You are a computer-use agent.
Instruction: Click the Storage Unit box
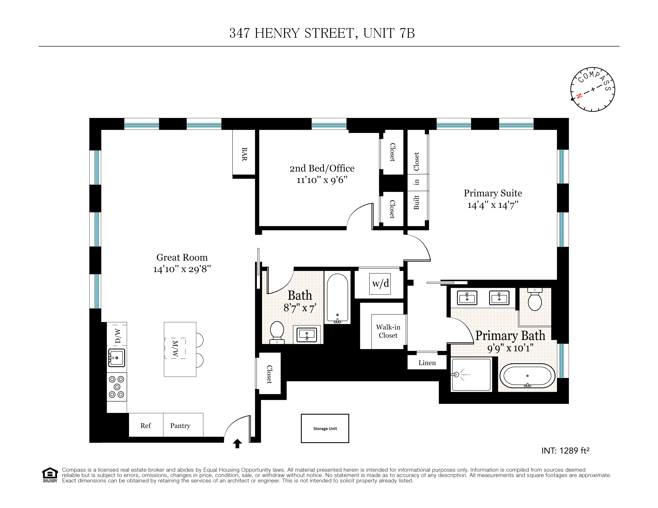click(x=325, y=428)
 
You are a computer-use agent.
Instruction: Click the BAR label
click(x=244, y=154)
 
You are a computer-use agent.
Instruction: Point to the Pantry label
click(x=180, y=425)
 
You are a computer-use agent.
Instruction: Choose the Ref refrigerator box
click(x=145, y=425)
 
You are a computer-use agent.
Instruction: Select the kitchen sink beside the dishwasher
click(x=117, y=358)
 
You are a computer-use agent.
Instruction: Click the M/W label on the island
click(x=175, y=349)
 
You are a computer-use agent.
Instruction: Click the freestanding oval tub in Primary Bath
click(x=527, y=376)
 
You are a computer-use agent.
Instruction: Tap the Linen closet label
click(x=427, y=363)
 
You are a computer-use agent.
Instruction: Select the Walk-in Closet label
click(x=388, y=331)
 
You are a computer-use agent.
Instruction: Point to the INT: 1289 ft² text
click(x=565, y=451)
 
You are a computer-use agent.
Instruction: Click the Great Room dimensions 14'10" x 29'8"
click(x=182, y=269)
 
